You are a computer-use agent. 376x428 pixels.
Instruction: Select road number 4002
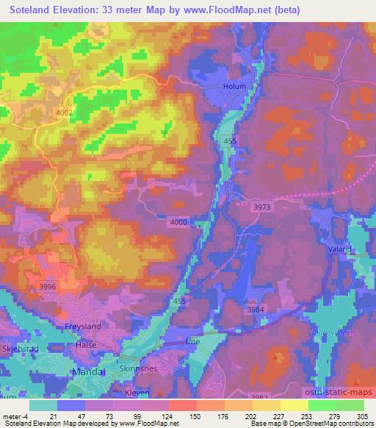point(65,112)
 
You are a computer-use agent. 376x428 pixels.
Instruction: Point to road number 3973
point(263,207)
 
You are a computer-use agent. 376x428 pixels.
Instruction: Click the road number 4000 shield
point(178,222)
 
